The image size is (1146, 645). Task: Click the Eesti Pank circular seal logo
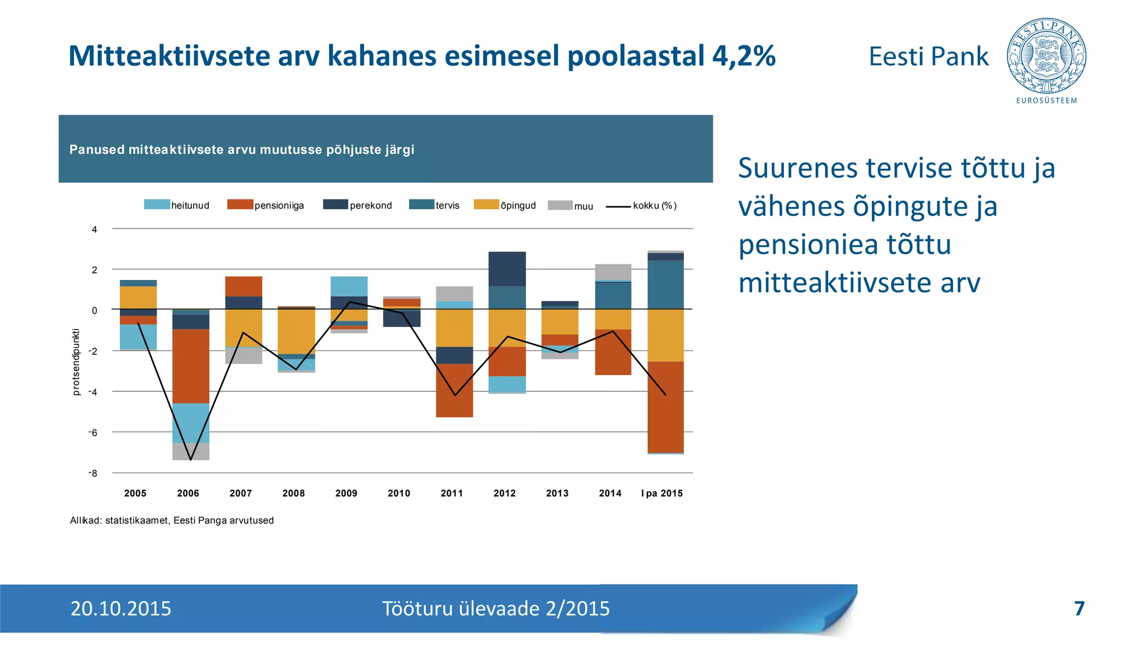1046,56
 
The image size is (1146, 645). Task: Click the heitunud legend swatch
157,205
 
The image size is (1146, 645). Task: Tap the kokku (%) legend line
618,207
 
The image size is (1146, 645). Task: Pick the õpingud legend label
518,205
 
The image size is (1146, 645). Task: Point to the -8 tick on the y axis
93,473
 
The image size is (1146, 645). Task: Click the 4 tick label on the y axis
95,230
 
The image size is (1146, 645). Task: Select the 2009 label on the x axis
346,493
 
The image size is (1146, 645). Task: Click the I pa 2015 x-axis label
662,493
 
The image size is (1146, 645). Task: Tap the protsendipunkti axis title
77,362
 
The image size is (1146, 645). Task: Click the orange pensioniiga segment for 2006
191,366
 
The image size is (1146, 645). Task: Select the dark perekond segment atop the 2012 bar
507,269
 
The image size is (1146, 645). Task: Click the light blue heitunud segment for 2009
349,286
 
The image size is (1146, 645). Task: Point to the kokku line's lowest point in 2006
191,460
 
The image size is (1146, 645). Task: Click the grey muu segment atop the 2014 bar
613,272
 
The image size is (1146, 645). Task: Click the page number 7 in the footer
1079,609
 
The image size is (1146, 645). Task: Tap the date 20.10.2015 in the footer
121,609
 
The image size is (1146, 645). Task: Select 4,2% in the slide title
744,56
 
